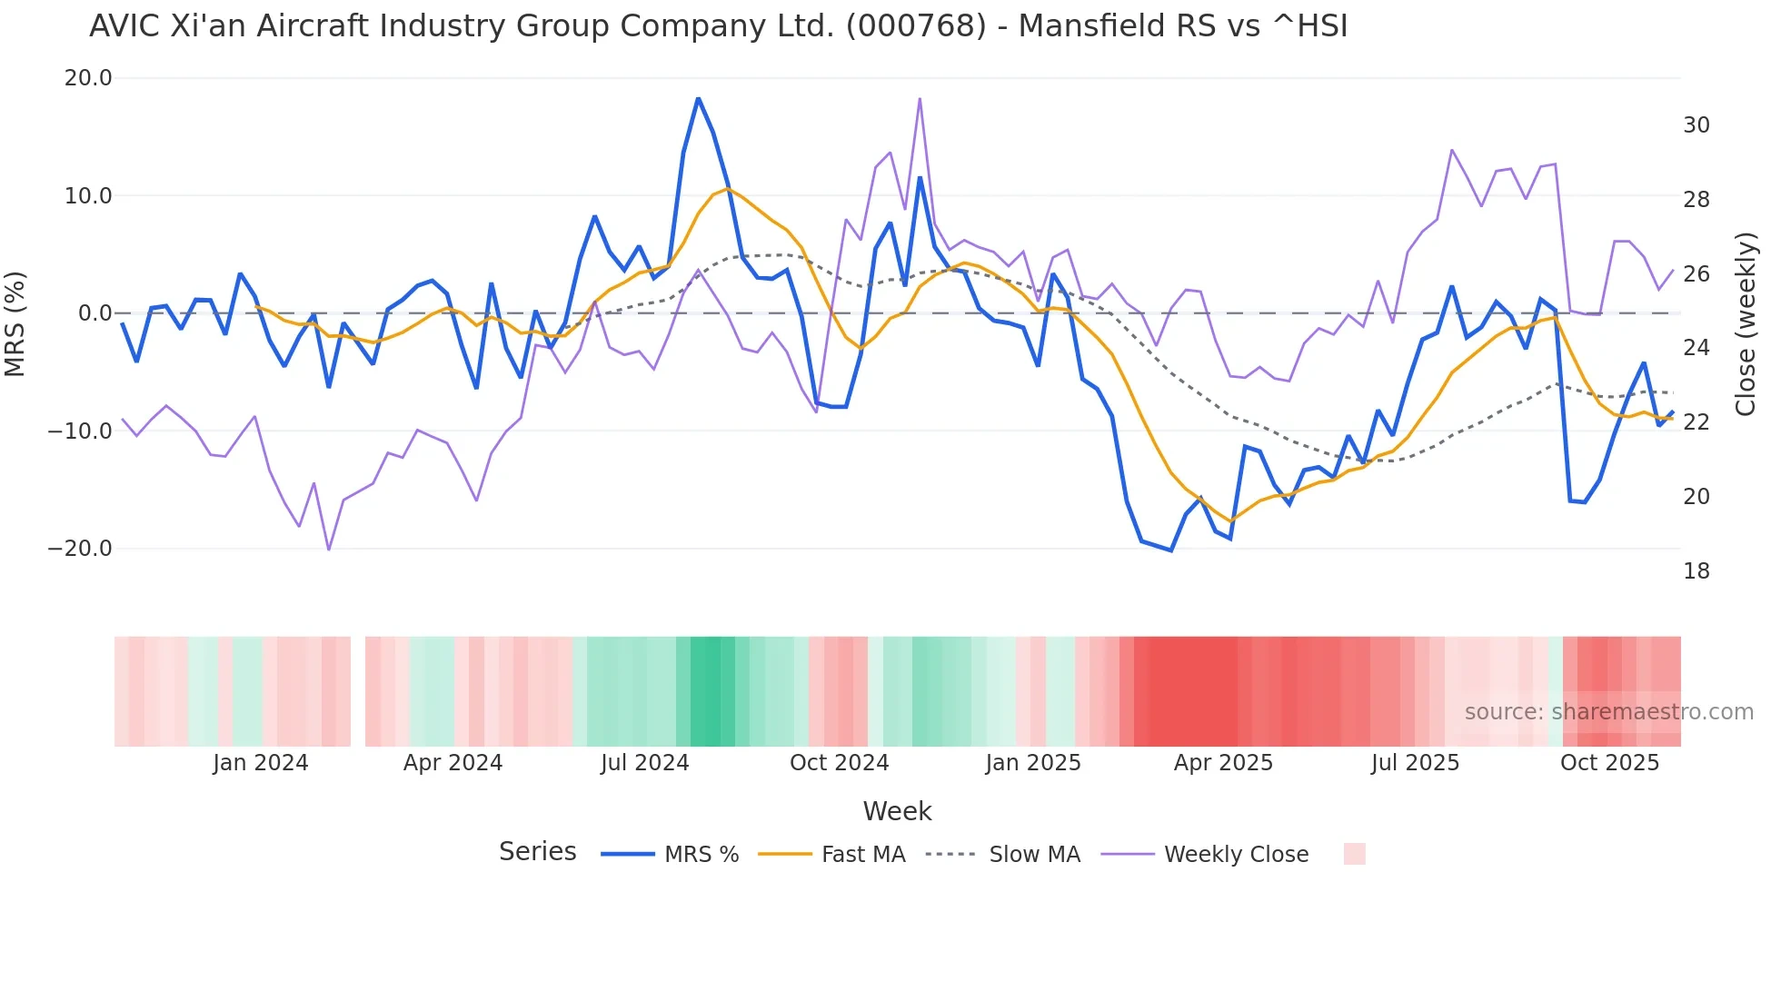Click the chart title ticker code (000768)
(915, 26)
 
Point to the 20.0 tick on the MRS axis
(88, 78)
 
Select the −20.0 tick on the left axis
(80, 549)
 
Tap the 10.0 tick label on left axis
(88, 196)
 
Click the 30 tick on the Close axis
(1696, 125)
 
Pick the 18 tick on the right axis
(1696, 571)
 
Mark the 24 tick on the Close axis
(1696, 348)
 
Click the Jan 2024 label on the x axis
(261, 763)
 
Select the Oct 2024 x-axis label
(839, 763)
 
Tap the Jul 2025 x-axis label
(1415, 763)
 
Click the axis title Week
(897, 811)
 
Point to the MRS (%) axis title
(15, 323)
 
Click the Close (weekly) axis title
(1745, 324)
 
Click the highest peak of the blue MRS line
(698, 98)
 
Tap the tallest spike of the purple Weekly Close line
(920, 99)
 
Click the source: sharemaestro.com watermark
(1608, 712)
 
